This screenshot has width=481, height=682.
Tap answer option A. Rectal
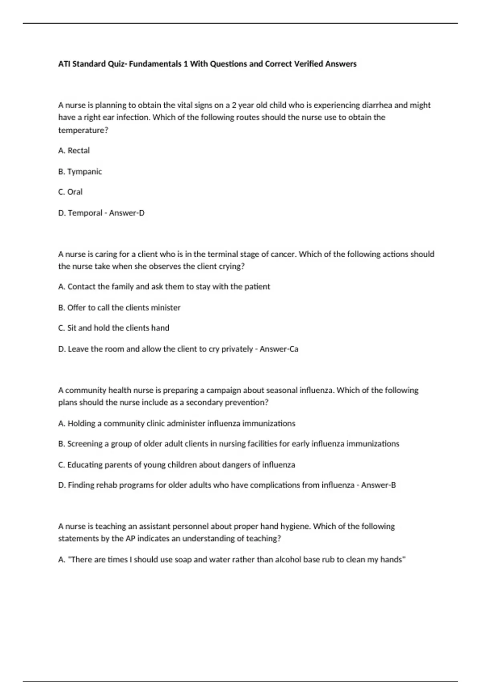(x=74, y=150)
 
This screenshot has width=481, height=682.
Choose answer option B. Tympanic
(x=80, y=171)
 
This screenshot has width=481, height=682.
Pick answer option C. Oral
(x=71, y=192)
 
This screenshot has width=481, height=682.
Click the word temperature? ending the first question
(x=83, y=130)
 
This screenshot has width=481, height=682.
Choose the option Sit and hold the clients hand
(x=114, y=328)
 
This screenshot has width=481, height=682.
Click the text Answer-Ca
(x=279, y=349)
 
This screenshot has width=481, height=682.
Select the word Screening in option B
(x=85, y=444)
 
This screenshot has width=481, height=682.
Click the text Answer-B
(x=378, y=485)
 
